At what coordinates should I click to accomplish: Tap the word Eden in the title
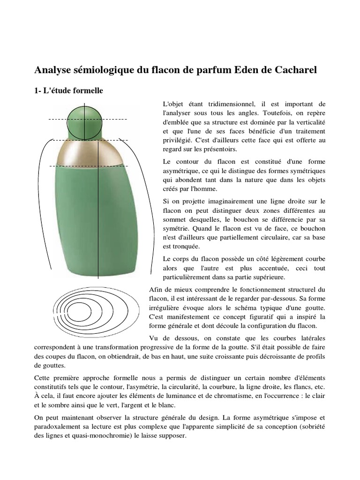click(235, 70)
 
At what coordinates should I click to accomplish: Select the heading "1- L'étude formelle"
click(68, 91)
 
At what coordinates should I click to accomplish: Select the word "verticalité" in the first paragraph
click(309, 122)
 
